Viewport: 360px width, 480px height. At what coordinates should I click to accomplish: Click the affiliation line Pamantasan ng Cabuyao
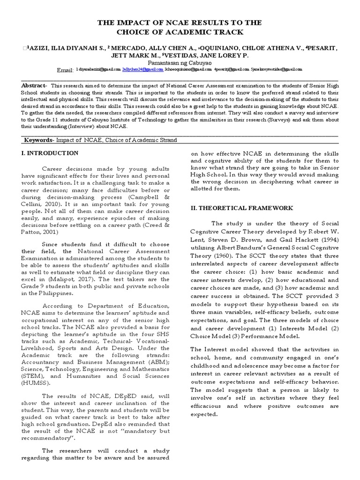coord(180,62)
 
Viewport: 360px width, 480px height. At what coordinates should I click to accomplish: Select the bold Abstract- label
coord(34,86)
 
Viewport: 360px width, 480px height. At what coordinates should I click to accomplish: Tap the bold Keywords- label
coord(39,141)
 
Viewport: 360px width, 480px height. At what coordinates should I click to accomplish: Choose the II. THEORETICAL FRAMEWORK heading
coord(242,207)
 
